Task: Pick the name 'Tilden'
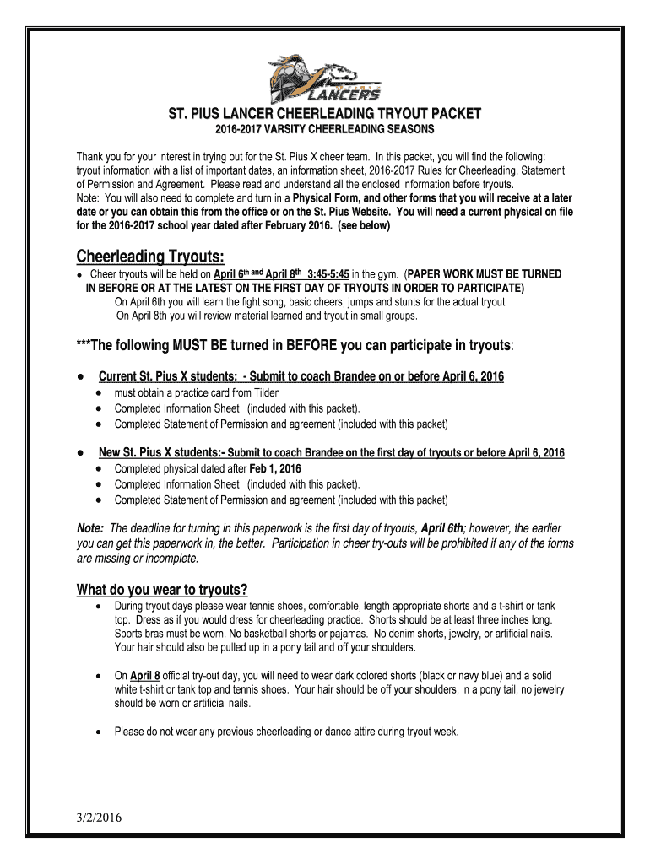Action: (x=264, y=393)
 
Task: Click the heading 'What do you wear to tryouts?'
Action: (x=163, y=589)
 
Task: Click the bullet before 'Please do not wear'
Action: (x=100, y=732)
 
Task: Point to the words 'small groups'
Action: (x=387, y=316)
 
